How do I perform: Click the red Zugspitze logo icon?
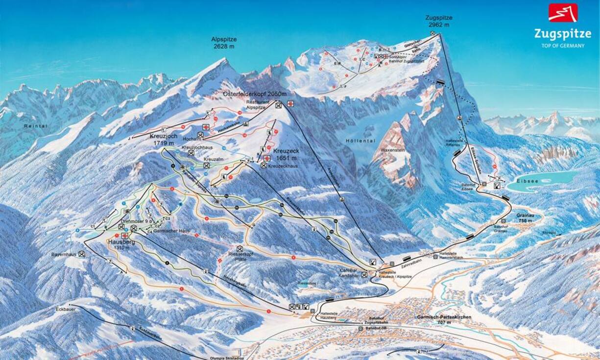tap(563, 13)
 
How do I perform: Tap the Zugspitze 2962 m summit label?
tap(438, 21)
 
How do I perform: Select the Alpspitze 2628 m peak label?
tap(223, 43)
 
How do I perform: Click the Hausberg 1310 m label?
tap(122, 244)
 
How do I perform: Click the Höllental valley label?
tap(360, 141)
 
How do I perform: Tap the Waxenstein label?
tap(393, 150)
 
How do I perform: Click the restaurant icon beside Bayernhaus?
tap(81, 254)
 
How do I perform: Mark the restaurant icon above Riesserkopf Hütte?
tap(240, 249)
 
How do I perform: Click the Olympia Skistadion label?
tap(223, 358)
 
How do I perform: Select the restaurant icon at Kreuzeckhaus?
tap(264, 166)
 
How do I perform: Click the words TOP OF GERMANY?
tap(563, 46)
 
